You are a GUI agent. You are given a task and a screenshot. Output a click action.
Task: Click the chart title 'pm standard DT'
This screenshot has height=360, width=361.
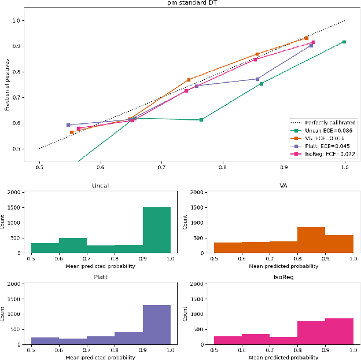coord(181,3)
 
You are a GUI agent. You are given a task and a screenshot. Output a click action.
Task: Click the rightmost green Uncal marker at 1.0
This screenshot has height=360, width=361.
coord(344,42)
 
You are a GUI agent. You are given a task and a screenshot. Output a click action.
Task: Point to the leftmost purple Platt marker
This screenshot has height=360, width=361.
coord(68,125)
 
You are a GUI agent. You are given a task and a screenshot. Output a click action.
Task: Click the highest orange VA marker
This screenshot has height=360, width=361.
coord(306,38)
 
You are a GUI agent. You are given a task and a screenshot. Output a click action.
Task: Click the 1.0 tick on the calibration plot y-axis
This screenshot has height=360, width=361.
coord(17,20)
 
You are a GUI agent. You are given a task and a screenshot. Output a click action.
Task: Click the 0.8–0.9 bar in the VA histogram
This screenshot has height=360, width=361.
coord(311,240)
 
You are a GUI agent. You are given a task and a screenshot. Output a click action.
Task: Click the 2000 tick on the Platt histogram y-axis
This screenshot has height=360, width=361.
coord(16,284)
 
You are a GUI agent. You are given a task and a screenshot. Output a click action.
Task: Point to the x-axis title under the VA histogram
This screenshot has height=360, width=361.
coord(283,267)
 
